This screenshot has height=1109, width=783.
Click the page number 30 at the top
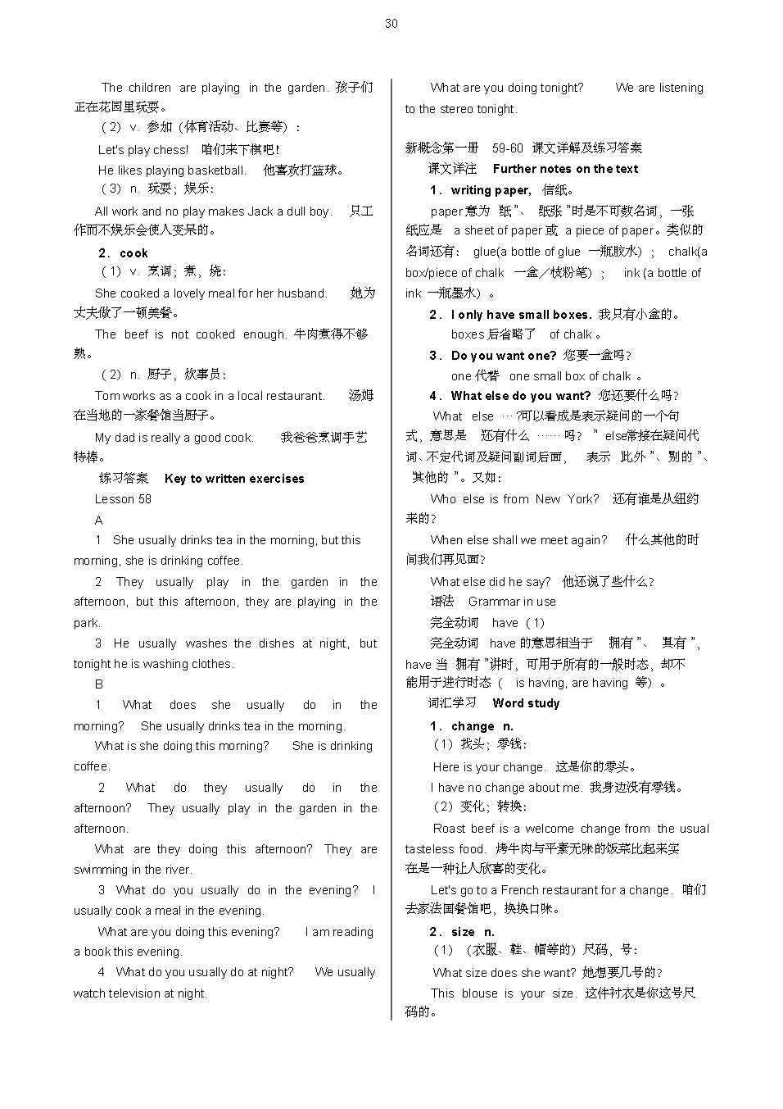(391, 24)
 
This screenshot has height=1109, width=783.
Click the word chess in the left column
(170, 150)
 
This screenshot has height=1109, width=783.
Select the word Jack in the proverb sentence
(260, 211)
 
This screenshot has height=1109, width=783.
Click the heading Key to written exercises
(234, 479)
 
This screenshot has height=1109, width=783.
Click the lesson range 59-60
(507, 148)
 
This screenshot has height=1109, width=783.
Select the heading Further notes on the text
(565, 169)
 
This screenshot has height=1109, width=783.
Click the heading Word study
(526, 703)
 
